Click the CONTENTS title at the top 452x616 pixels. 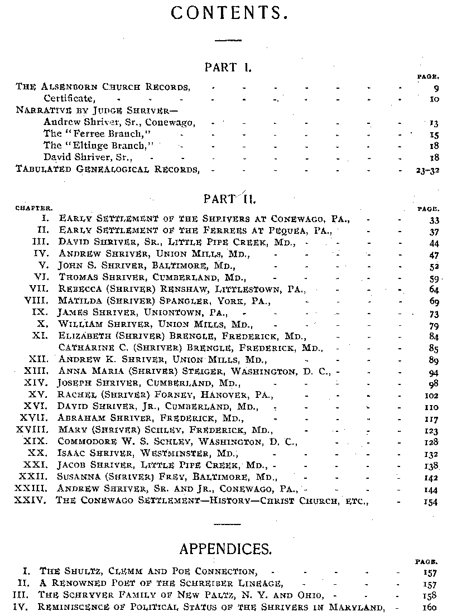coord(229,13)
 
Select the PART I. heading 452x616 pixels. coord(228,68)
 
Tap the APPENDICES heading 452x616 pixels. coord(225,549)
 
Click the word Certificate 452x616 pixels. coord(69,98)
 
